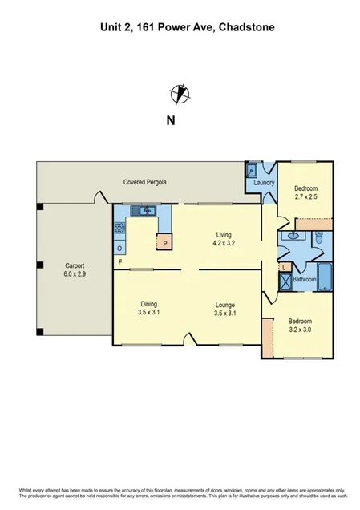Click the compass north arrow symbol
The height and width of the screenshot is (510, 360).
[x=180, y=94]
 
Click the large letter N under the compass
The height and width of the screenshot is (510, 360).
[x=170, y=121]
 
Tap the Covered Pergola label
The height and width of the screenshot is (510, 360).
[x=145, y=183]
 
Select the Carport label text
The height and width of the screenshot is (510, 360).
[x=75, y=265]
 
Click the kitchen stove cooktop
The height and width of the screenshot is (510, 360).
[x=119, y=227]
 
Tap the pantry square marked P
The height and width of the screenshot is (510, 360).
[x=165, y=242]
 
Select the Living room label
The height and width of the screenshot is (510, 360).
[x=223, y=234]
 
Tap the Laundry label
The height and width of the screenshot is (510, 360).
[x=264, y=184]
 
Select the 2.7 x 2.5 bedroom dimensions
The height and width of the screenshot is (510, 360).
[x=306, y=196]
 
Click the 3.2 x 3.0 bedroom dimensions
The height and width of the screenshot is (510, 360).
[x=301, y=328]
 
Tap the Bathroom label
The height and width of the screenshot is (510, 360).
[x=304, y=280]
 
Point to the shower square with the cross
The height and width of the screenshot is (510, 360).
[x=285, y=281]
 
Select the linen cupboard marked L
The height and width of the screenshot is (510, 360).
[x=284, y=266]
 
